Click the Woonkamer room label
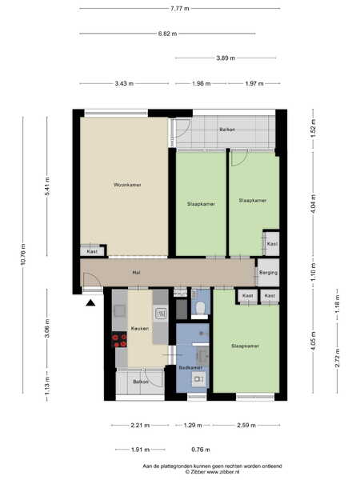pyautogui.click(x=127, y=185)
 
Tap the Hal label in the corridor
pyautogui.click(x=136, y=272)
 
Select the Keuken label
pyautogui.click(x=140, y=329)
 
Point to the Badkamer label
pyautogui.click(x=190, y=368)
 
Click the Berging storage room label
pyautogui.click(x=269, y=273)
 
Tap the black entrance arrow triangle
pyautogui.click(x=90, y=302)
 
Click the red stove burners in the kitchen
pyautogui.click(x=119, y=341)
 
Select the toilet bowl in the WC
pyautogui.click(x=200, y=308)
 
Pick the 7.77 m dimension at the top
pyautogui.click(x=180, y=9)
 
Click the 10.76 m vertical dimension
pyautogui.click(x=23, y=254)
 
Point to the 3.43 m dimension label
pyautogui.click(x=124, y=83)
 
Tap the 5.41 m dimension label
pyautogui.click(x=47, y=186)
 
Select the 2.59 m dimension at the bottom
pyautogui.click(x=246, y=426)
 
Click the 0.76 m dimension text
pyautogui.click(x=201, y=450)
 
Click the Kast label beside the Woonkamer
pyautogui.click(x=92, y=252)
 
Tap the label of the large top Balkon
pyautogui.click(x=227, y=130)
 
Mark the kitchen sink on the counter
pyautogui.click(x=161, y=314)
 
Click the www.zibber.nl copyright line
pyautogui.click(x=212, y=472)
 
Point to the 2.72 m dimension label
pyautogui.click(x=338, y=358)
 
